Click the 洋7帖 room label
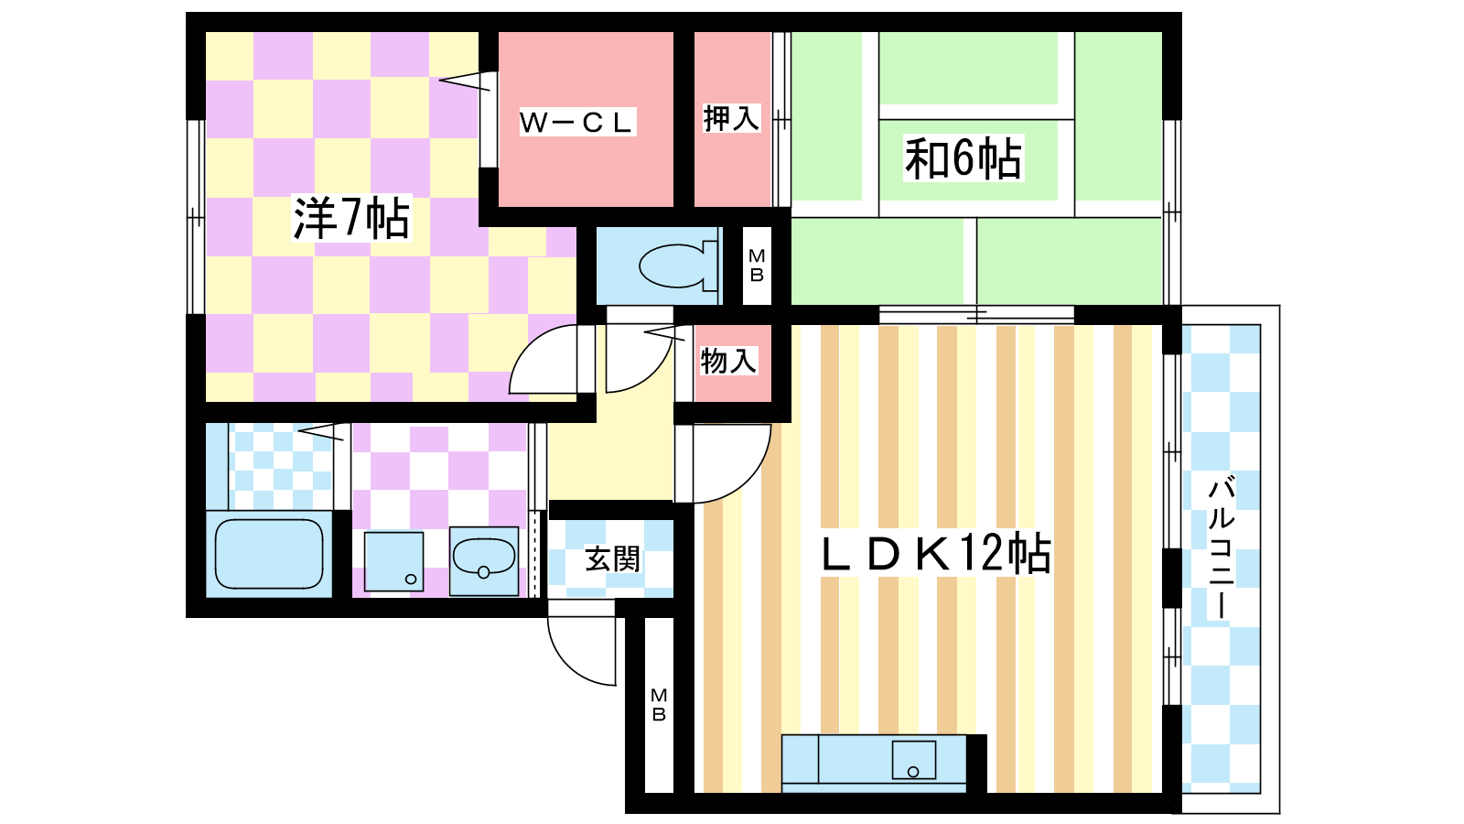[x=351, y=218]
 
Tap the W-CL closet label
[x=577, y=123]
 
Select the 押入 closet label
[x=731, y=118]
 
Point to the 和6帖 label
[x=963, y=158]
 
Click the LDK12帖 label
[x=937, y=554]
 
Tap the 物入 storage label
[x=728, y=361]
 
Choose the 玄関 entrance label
[x=612, y=559]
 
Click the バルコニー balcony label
[x=1221, y=548]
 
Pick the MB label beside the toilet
[x=757, y=266]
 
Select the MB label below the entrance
[x=659, y=706]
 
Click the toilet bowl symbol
[x=678, y=266]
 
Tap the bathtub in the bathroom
[x=269, y=555]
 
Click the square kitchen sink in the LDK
[x=914, y=760]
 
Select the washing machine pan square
[x=393, y=562]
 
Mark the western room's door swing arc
[x=530, y=347]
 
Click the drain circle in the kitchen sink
[x=913, y=772]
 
